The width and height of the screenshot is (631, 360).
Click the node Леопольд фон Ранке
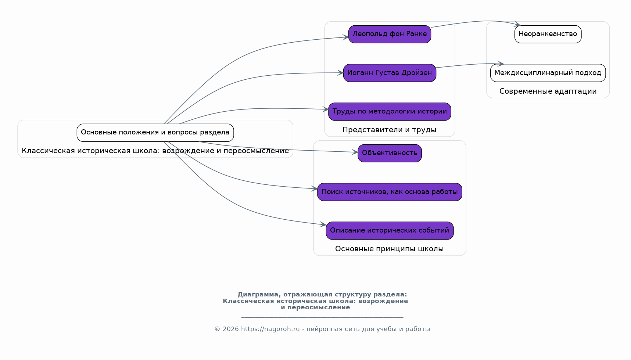[390, 34]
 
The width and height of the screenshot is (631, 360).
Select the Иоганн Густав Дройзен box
[390, 73]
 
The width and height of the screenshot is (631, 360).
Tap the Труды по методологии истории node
[390, 112]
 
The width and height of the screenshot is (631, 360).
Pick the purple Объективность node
[390, 153]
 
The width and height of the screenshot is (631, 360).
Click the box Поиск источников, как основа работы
[390, 192]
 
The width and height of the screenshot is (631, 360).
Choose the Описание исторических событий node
[390, 231]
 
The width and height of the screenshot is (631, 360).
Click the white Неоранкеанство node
[548, 34]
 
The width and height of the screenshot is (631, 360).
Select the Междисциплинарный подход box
[548, 73]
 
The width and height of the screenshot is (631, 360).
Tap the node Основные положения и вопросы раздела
[155, 133]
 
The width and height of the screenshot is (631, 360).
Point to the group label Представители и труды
[390, 130]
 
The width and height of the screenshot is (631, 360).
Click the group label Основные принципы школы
[390, 249]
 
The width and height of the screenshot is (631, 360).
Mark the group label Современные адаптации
[548, 91]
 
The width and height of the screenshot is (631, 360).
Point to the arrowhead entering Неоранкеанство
[517, 25]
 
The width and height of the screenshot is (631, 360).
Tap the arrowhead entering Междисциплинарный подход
[500, 64]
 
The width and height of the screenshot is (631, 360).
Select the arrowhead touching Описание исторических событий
[323, 225]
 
